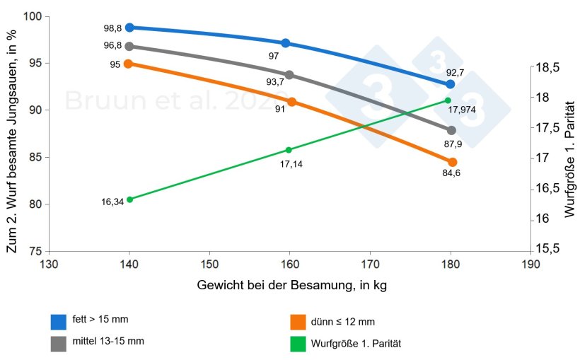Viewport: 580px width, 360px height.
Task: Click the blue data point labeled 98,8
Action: coord(129,28)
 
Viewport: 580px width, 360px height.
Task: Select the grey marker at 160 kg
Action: coord(289,75)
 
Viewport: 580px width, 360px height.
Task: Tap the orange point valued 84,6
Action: coord(452,162)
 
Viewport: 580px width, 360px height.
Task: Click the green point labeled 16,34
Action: coord(129,199)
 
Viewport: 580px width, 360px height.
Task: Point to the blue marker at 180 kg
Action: coord(451,84)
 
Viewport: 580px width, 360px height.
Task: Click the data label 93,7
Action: coord(274,82)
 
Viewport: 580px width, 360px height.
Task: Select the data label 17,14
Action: coord(291,163)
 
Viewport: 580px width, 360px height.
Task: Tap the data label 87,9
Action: coord(453,144)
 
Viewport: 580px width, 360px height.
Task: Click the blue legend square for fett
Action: coord(59,322)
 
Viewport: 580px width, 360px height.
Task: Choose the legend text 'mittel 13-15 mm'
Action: coord(108,341)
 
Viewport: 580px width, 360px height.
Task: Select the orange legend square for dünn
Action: coord(298,322)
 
